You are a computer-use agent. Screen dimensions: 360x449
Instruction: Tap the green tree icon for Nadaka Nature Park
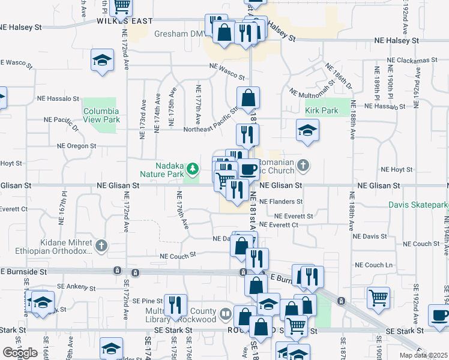point(193,167)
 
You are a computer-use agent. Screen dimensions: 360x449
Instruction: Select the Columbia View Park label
point(101,115)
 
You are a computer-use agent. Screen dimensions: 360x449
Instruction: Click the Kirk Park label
point(322,111)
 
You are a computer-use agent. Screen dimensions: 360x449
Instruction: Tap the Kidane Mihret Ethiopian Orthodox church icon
point(102,245)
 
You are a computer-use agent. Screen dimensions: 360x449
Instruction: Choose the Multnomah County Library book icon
point(225,313)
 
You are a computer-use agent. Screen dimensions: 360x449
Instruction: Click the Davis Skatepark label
point(418,205)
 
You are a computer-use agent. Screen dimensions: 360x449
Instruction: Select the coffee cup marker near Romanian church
point(249,169)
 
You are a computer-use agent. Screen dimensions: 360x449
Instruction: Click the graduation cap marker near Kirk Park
point(307,130)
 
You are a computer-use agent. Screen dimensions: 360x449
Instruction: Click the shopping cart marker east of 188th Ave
point(378,298)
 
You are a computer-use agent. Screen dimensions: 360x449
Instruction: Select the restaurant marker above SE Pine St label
point(175,304)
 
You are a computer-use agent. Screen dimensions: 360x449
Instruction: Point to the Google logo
point(20,352)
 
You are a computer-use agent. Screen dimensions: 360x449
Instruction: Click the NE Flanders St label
point(282,202)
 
